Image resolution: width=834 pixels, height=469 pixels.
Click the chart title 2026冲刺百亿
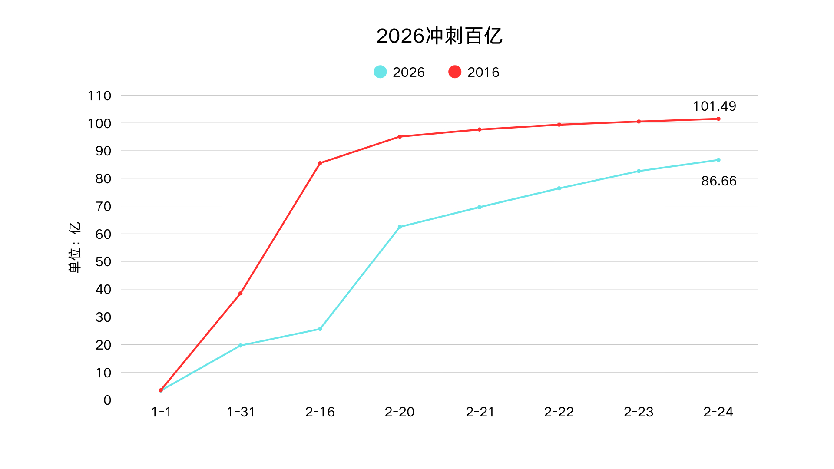(439, 36)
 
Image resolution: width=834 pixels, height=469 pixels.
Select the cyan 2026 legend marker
(380, 72)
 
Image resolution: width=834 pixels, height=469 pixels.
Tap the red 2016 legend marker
(455, 72)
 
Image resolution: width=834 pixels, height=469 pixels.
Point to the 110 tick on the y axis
(99, 96)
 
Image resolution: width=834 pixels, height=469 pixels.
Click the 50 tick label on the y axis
(103, 261)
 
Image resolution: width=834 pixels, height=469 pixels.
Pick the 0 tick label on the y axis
(107, 400)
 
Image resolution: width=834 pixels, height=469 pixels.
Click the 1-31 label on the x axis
(241, 412)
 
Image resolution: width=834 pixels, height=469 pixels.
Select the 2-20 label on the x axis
(400, 412)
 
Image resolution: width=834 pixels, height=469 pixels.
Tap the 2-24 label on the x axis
(718, 412)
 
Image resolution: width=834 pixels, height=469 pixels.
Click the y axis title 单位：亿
(75, 247)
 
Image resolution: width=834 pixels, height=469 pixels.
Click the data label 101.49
(715, 106)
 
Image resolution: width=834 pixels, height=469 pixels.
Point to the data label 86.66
(719, 181)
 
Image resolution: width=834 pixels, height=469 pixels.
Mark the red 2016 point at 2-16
(320, 163)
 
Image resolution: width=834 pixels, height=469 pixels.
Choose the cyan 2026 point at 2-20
(400, 227)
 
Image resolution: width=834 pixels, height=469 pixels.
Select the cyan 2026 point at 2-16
(320, 329)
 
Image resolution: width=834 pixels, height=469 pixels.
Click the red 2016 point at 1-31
(240, 294)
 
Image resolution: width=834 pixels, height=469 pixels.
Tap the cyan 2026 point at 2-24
(718, 160)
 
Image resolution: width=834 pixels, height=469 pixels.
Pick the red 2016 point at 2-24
(718, 119)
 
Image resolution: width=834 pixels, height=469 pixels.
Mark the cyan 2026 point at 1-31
(240, 346)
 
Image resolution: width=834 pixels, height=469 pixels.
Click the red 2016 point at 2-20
(400, 137)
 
